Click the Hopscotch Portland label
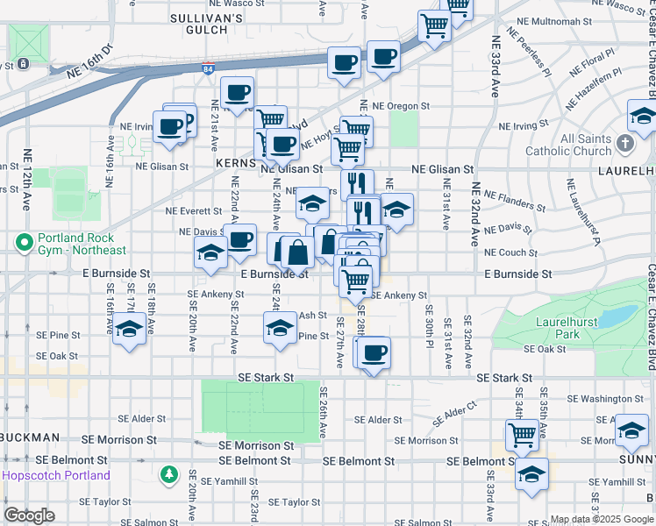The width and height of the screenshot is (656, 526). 57,475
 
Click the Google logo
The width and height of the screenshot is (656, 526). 29,515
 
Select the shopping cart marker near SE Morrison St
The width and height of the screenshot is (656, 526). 522,434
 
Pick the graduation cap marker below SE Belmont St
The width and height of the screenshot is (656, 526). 531,473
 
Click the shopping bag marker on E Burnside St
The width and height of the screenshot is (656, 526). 298,252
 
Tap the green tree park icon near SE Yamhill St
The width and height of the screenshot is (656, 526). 168,475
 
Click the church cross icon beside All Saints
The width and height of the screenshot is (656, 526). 624,142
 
